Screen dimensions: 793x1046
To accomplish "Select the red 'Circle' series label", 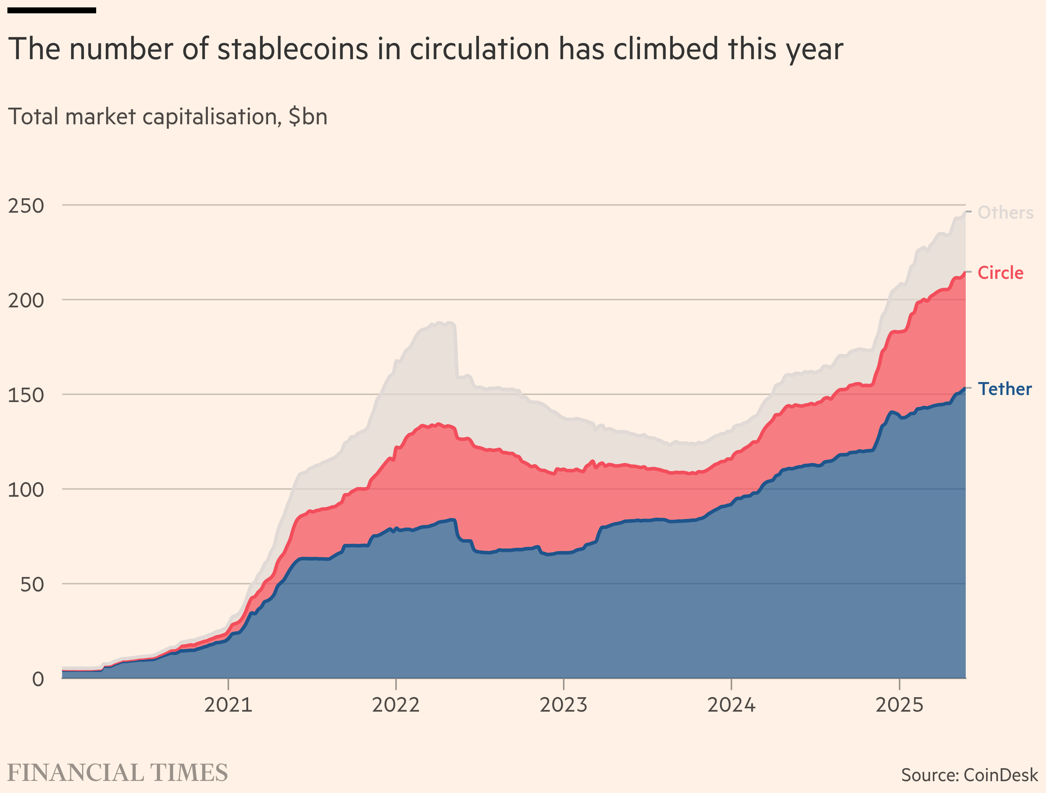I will click(x=1000, y=273).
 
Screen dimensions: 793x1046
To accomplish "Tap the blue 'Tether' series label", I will click(x=1004, y=389).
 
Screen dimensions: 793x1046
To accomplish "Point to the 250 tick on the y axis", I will click(x=26, y=206).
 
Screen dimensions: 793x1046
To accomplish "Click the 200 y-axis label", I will click(x=26, y=300).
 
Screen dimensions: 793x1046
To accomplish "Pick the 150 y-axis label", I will click(x=26, y=395).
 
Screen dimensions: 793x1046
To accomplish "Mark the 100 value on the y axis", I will click(x=26, y=489).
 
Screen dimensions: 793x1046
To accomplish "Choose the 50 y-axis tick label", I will click(x=32, y=584).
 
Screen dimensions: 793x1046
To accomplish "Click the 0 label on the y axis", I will click(x=38, y=679).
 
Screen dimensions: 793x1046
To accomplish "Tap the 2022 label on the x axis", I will click(x=396, y=705).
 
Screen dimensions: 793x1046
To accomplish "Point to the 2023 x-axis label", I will click(x=563, y=705).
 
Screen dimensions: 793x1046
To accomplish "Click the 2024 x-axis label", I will click(x=731, y=705).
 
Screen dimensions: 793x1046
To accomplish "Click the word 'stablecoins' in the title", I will click(x=292, y=49).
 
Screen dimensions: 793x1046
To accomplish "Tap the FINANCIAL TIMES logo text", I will click(x=118, y=773).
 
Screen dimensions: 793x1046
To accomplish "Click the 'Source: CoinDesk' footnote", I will click(x=969, y=775).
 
